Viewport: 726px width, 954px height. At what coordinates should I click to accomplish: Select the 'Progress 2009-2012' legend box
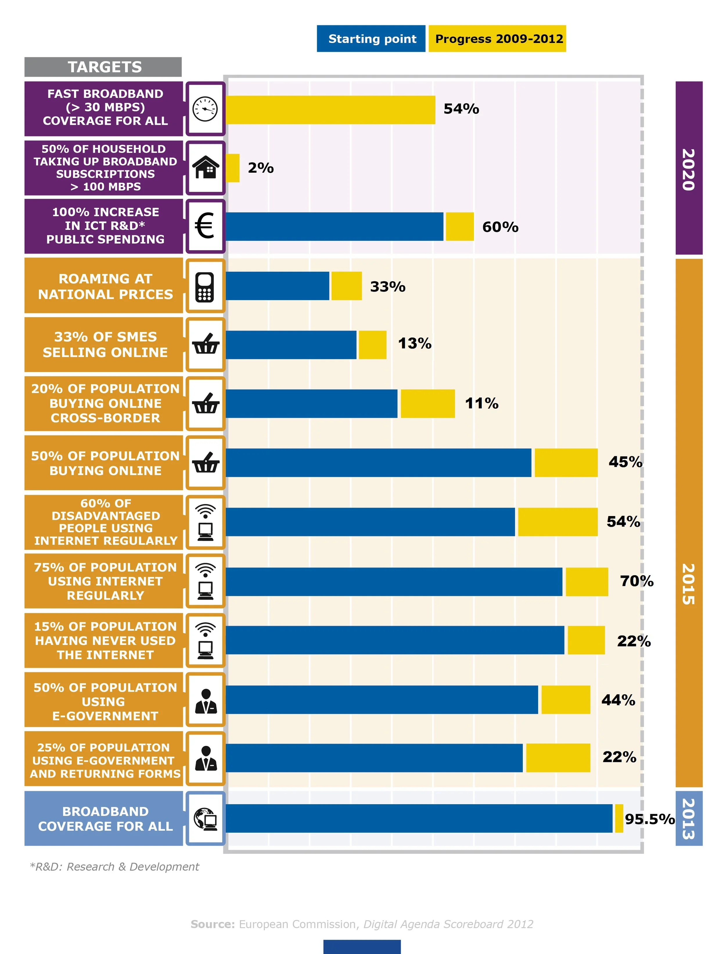tap(497, 39)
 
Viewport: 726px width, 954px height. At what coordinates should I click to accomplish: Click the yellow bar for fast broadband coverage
tap(330, 110)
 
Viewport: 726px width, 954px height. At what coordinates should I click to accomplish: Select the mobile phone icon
tap(205, 286)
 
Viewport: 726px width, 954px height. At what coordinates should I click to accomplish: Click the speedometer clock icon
tap(205, 109)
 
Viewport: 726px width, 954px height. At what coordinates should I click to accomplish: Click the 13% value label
tap(414, 344)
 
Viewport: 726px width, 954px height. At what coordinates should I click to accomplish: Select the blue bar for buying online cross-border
tap(311, 403)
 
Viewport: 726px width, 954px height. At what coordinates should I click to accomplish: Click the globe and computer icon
tap(205, 819)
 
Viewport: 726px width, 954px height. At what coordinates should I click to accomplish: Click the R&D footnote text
tap(114, 867)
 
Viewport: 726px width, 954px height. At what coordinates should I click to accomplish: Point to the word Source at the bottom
tap(213, 924)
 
